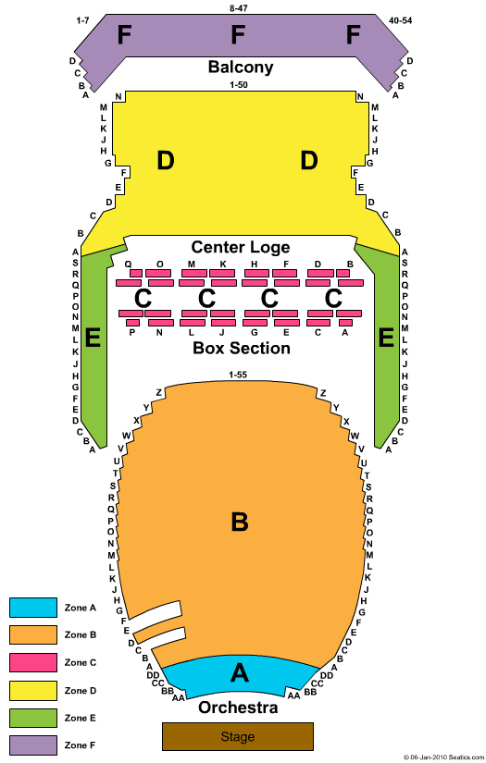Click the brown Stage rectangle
pos(238,736)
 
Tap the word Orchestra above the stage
pos(238,707)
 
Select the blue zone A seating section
pos(240,675)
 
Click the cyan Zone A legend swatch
pos(33,608)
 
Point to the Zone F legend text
pos(81,745)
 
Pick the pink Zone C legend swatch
pos(33,662)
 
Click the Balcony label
pos(241,67)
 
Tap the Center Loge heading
pos(241,247)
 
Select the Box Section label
pos(242,348)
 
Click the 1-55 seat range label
pos(238,375)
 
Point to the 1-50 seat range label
pos(239,85)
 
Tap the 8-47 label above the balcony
pos(239,8)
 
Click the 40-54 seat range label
pos(400,20)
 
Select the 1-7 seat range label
pos(82,20)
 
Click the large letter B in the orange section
pos(240,522)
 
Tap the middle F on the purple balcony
pos(238,35)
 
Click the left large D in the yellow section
pos(166,160)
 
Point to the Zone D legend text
pos(81,691)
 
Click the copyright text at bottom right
pos(443,757)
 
